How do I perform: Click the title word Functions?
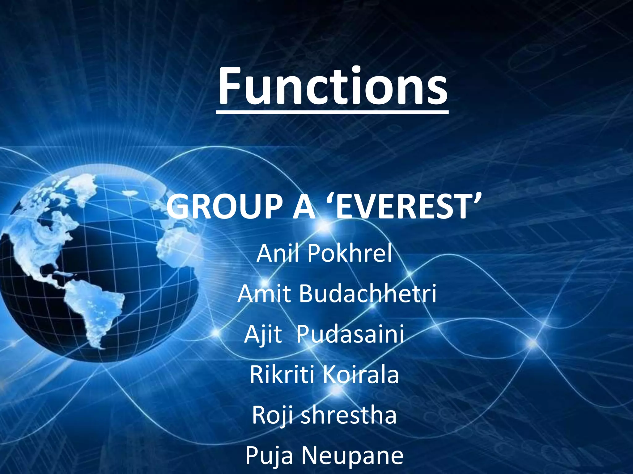pos(333,86)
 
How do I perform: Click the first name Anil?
pos(278,253)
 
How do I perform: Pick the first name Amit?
pos(264,293)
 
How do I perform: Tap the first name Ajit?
pos(263,334)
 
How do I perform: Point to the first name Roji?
pos(272,415)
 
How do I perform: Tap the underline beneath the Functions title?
pos(332,113)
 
